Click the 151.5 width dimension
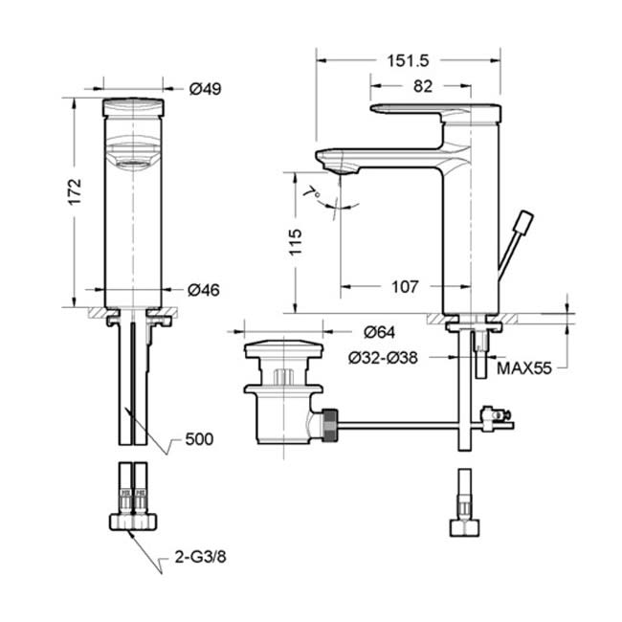[x=408, y=60]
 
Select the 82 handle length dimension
[x=422, y=86]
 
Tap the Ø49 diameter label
[x=205, y=88]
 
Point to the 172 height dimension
[x=75, y=192]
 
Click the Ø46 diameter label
[x=204, y=290]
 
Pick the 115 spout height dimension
[x=295, y=242]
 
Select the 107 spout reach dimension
[x=405, y=286]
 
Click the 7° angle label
[x=313, y=193]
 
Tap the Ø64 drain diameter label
[x=379, y=332]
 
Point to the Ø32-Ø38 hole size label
[x=383, y=358]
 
